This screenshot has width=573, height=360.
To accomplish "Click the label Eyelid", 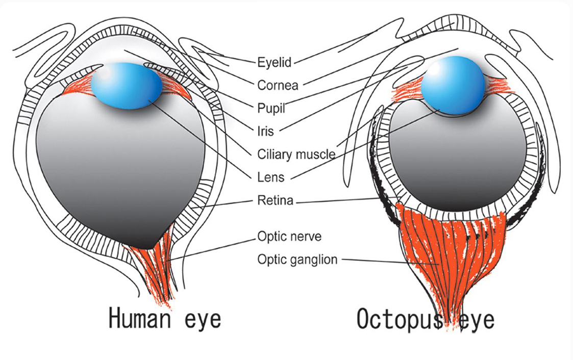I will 275,62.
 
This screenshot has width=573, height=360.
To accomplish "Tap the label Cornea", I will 278,85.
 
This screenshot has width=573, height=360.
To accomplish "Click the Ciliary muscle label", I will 296,154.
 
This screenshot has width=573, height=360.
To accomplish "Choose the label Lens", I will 271,177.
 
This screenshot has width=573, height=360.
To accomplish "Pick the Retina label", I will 276,200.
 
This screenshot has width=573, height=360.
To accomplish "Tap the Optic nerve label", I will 289,237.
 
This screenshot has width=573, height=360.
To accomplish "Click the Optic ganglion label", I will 297,260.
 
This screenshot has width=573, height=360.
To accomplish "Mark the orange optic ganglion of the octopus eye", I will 449,255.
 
